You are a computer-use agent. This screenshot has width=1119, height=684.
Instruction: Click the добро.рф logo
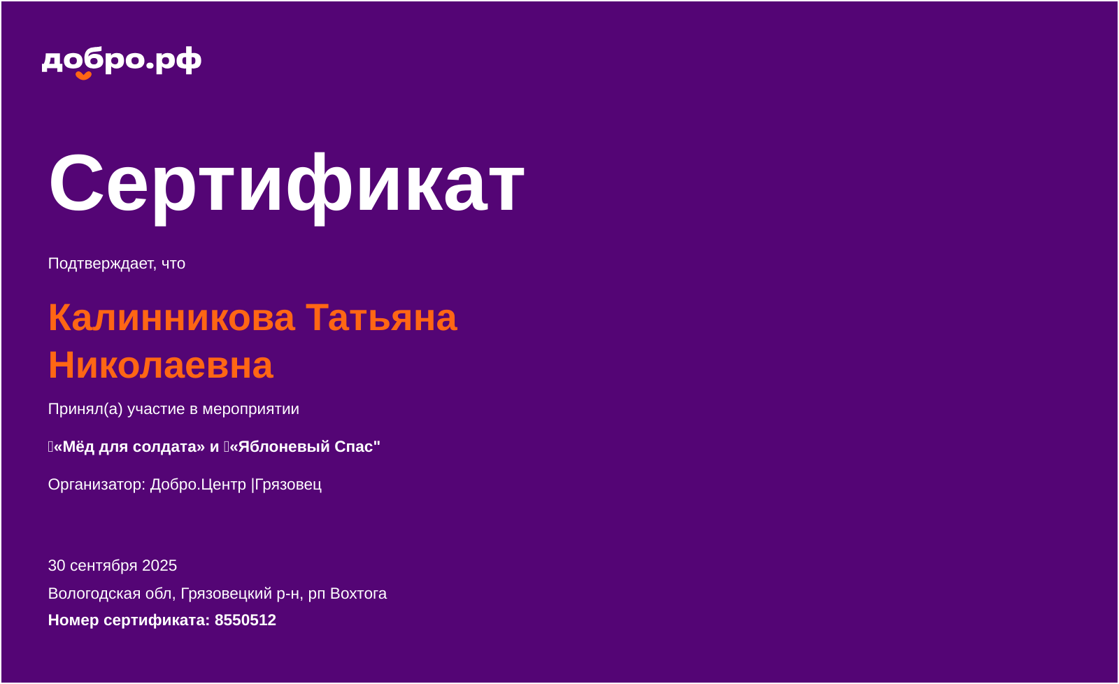[x=122, y=62]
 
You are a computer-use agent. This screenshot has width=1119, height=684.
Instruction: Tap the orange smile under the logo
[x=83, y=76]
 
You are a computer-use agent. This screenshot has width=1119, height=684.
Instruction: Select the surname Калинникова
[x=171, y=318]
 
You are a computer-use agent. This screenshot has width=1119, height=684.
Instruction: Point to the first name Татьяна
[x=381, y=318]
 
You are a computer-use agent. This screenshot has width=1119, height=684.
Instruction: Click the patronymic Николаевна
[x=161, y=365]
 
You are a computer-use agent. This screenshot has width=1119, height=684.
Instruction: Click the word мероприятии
[x=251, y=410]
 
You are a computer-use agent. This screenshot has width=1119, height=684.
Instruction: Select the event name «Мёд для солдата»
[x=129, y=447]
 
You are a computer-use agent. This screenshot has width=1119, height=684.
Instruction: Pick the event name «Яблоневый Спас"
[x=305, y=447]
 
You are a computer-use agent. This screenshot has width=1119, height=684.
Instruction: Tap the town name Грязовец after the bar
[x=288, y=485]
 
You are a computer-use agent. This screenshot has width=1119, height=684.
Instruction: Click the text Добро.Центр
[x=199, y=485]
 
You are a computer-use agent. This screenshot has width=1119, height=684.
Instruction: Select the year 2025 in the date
[x=159, y=566]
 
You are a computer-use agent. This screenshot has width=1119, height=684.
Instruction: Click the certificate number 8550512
[x=245, y=620]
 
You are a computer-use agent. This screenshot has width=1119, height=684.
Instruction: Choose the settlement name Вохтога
[x=358, y=594]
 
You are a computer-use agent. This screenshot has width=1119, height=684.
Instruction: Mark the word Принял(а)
[x=85, y=409]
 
